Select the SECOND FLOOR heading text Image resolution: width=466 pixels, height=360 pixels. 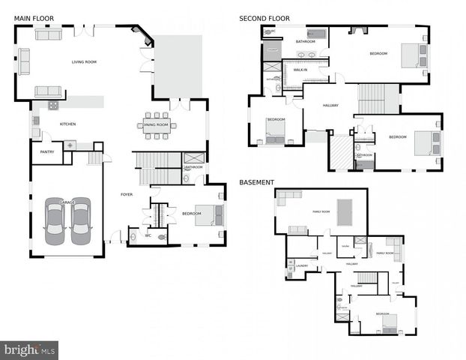coord(264,18)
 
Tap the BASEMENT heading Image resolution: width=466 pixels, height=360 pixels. coord(257,182)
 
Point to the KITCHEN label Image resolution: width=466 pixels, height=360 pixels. coord(67,124)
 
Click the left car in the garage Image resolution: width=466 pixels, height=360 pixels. coord(55,221)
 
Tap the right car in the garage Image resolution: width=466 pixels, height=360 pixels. coord(79,221)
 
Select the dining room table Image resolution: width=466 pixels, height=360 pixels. coord(157,124)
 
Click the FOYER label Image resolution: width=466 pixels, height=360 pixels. coord(127,194)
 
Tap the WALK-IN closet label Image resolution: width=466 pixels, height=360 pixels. coord(300,69)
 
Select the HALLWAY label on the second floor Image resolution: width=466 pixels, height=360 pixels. coord(331,106)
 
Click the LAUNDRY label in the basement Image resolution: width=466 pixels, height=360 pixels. coord(302,265)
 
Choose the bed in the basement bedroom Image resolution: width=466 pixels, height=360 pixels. coord(388,325)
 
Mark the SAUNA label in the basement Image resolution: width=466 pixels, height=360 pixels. coord(345,246)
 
